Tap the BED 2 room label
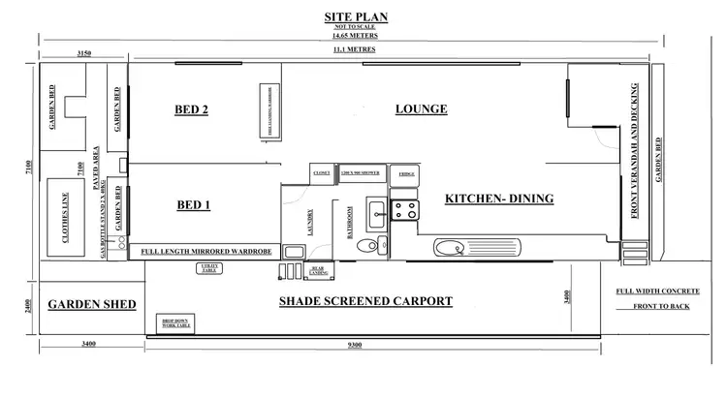(x=191, y=109)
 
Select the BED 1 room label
(x=194, y=205)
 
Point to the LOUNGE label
(x=422, y=109)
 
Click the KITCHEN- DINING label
(x=498, y=199)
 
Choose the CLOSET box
(x=322, y=173)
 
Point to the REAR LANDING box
(x=316, y=270)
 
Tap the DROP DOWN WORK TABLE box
(x=175, y=323)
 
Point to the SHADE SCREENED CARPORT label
(x=365, y=301)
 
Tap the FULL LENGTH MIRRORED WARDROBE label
(x=204, y=251)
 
